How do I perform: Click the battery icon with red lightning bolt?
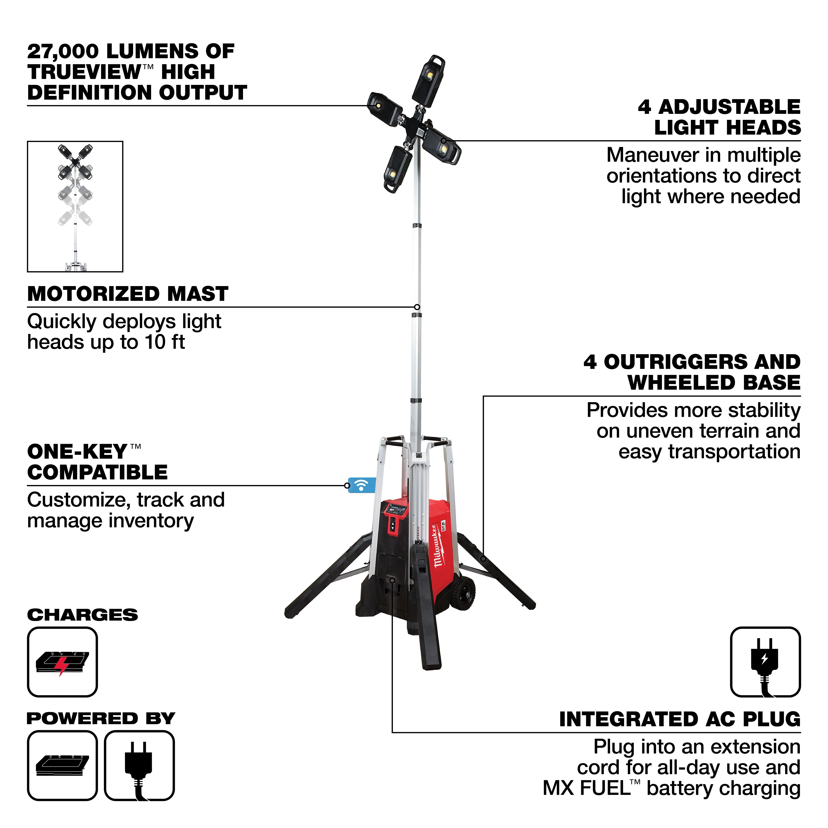point(63,662)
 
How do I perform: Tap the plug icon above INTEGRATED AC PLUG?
point(765,662)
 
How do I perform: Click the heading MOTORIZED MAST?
point(128,294)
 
